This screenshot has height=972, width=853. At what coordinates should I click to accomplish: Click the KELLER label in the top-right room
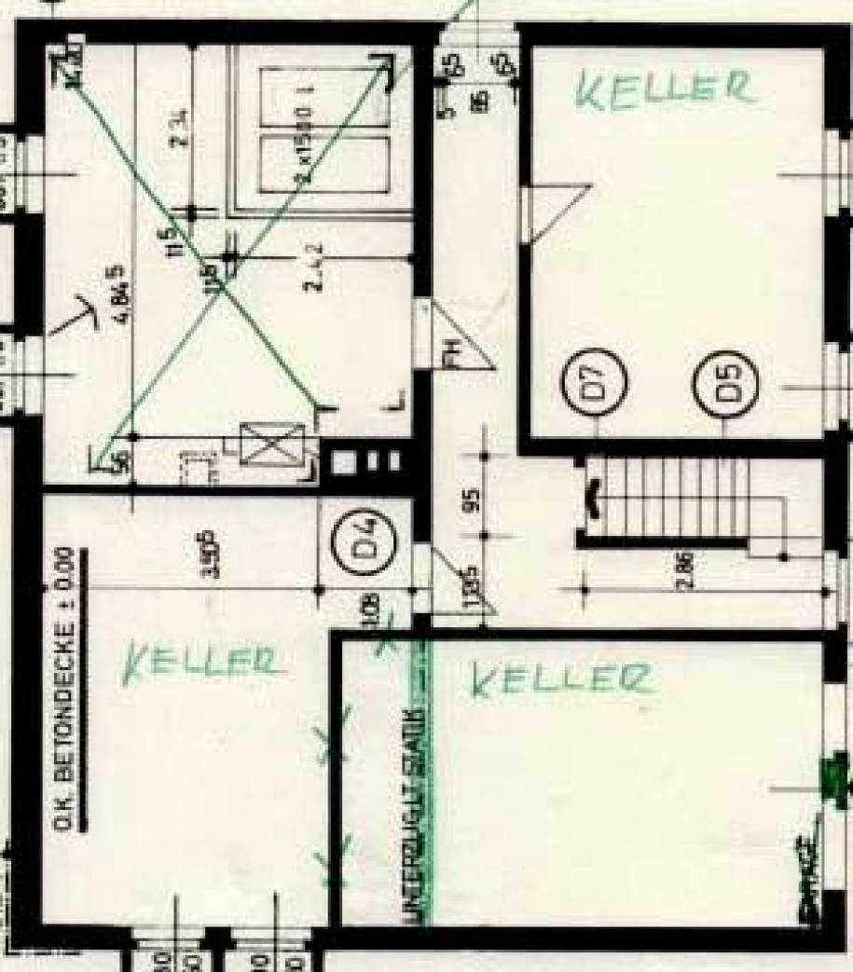663,89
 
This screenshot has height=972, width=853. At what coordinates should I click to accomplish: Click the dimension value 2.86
688,569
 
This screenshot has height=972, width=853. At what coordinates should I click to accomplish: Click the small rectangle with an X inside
273,445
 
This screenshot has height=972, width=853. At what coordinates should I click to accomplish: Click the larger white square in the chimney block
345,461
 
